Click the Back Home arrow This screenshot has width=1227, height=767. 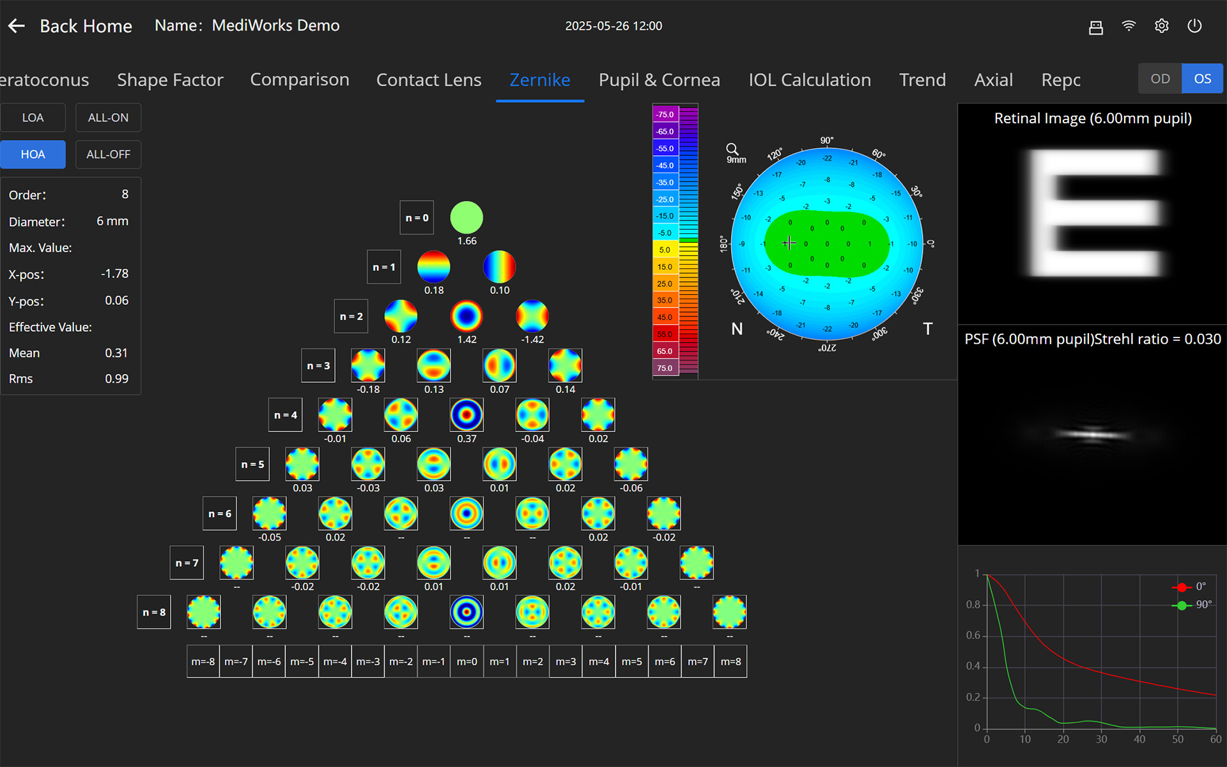[17, 26]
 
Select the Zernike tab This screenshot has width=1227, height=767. [539, 80]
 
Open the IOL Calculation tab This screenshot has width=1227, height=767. [809, 80]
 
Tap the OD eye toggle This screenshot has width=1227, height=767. [1160, 79]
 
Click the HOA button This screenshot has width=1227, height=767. [33, 154]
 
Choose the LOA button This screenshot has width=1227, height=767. [33, 118]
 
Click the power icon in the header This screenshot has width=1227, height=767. [1194, 26]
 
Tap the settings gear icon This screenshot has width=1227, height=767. [1161, 26]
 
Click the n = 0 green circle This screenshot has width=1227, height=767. [467, 217]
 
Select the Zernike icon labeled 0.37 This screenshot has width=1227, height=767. [467, 415]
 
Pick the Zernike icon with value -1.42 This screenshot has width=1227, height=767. [532, 316]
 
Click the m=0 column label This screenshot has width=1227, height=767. [467, 662]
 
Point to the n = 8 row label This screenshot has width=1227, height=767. [154, 612]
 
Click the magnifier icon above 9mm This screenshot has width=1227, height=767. [732, 149]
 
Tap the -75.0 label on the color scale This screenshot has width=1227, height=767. [665, 114]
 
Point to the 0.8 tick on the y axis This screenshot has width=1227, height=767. [973, 605]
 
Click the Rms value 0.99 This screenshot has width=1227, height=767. [116, 378]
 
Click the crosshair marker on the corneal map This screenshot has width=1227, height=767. [789, 243]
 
